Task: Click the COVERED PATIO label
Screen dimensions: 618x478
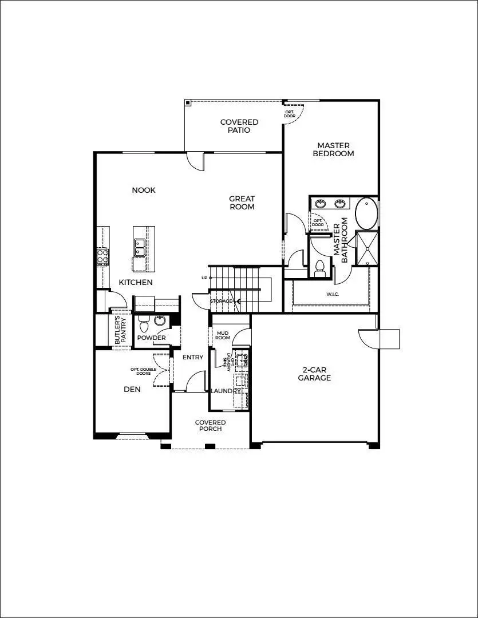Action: click(x=239, y=126)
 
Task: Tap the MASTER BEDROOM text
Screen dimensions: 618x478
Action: click(x=333, y=149)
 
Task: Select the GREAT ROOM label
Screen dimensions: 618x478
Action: click(x=242, y=203)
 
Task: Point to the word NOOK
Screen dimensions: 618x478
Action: click(x=144, y=190)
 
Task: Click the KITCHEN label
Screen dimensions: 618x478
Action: click(x=136, y=282)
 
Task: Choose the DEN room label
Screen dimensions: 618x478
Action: click(x=132, y=389)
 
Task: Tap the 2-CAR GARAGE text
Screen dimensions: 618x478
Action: click(x=314, y=374)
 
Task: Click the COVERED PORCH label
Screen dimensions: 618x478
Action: click(x=210, y=426)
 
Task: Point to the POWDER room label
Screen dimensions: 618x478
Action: click(x=152, y=338)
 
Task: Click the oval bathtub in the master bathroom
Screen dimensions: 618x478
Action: click(x=366, y=213)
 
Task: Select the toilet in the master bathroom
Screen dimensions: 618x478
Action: click(x=320, y=268)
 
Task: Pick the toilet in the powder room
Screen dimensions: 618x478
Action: click(x=144, y=324)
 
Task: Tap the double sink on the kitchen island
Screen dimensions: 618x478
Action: click(x=140, y=247)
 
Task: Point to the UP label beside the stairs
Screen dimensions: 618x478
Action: click(x=204, y=278)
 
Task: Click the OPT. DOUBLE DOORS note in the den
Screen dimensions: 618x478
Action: click(x=144, y=371)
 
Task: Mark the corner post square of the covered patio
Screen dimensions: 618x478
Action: click(x=188, y=103)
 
